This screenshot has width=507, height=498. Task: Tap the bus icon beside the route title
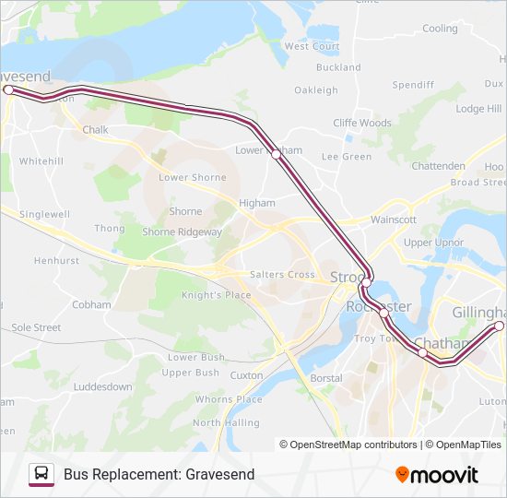pos(41,474)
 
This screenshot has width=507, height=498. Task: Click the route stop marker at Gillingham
pos(500,326)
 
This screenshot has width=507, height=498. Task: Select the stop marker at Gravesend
pos(8,89)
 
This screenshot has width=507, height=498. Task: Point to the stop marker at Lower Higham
pos(276,155)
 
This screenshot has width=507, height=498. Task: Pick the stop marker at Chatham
pos(422,352)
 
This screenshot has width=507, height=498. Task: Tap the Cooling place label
pos(440,29)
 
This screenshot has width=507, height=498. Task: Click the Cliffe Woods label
pos(362,123)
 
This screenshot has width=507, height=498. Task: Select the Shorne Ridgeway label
pos(182,232)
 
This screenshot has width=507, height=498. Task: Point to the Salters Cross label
pos(282,275)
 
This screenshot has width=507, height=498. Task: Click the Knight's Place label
pos(216,295)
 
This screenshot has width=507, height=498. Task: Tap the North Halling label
pos(226,422)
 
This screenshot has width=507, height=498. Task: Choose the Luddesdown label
pos(103,387)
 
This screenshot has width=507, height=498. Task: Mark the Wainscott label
pos(394,220)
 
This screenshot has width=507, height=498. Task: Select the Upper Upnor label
pos(433,243)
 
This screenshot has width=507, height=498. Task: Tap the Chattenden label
pos(438,166)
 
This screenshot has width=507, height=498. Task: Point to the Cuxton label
pos(246,376)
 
